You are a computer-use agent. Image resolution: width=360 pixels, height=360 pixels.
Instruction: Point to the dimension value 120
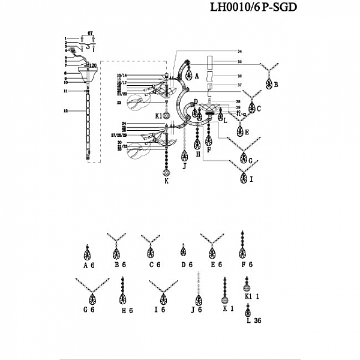[x=92, y=65]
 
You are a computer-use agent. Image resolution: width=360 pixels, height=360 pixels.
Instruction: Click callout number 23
[x=120, y=103]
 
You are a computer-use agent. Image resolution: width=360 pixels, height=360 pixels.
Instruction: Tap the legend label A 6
[x=89, y=264]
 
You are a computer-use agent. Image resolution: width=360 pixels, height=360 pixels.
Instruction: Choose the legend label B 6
[x=118, y=264]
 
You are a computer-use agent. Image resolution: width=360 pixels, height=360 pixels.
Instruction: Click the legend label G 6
[x=90, y=310]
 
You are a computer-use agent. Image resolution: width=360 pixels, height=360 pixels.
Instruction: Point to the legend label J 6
[x=197, y=310]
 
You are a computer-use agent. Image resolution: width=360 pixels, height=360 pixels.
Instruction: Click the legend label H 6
[x=125, y=310]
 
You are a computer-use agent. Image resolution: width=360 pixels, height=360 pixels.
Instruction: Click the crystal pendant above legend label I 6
[x=161, y=298]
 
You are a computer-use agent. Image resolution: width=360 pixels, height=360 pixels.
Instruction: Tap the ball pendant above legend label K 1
[x=226, y=300]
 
